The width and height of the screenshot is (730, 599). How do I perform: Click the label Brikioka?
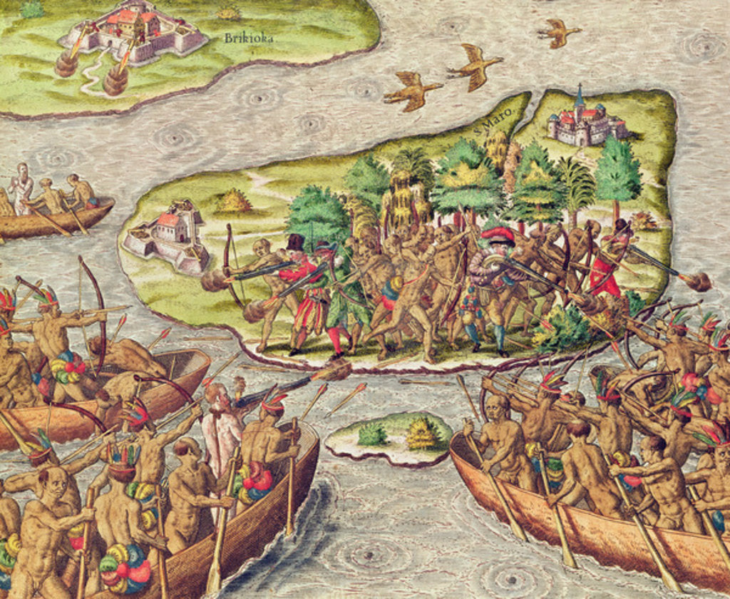click(x=248, y=38)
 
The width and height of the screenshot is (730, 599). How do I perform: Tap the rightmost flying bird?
click(x=558, y=31)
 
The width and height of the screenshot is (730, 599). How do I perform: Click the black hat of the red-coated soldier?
click(x=295, y=242)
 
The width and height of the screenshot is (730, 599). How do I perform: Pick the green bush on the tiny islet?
click(x=372, y=433)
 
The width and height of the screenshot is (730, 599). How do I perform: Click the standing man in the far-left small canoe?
click(x=21, y=187)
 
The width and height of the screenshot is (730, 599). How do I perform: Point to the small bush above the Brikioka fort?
click(x=229, y=13)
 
